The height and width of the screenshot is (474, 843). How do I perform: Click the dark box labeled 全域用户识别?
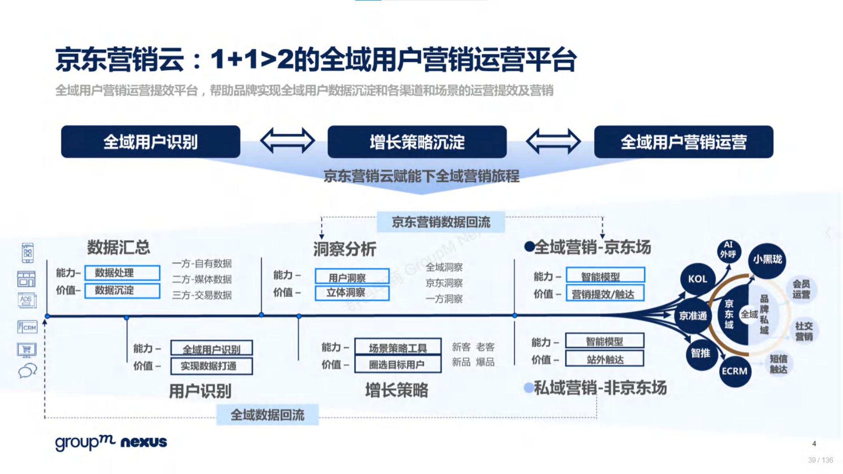[151, 142]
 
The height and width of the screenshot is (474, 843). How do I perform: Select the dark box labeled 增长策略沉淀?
[417, 142]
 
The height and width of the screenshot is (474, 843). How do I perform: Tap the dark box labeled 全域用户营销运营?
[683, 142]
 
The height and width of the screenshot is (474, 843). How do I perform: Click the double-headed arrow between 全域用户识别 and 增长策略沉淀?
[287, 140]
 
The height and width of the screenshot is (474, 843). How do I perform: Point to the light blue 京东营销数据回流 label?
[441, 222]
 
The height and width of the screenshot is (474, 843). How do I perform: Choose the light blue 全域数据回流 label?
[268, 415]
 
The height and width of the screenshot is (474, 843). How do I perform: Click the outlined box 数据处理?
[122, 273]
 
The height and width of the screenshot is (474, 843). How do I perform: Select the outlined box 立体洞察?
[352, 293]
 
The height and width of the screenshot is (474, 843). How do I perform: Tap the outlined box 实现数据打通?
[211, 366]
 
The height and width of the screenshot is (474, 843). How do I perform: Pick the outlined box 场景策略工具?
[398, 348]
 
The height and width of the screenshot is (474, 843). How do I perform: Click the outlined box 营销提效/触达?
[605, 294]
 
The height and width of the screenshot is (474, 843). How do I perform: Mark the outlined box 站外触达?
[605, 359]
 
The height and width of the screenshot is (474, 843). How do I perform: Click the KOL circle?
[697, 279]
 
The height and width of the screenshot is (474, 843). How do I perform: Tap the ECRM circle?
[734, 371]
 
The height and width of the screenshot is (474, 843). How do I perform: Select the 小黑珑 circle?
[767, 260]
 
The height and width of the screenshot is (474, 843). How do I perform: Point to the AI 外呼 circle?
[728, 250]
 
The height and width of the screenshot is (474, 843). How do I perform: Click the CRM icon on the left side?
[27, 327]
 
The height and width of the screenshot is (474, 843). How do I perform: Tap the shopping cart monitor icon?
[27, 350]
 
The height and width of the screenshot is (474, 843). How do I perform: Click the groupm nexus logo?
[111, 442]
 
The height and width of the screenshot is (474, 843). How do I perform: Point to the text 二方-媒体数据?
[202, 279]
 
